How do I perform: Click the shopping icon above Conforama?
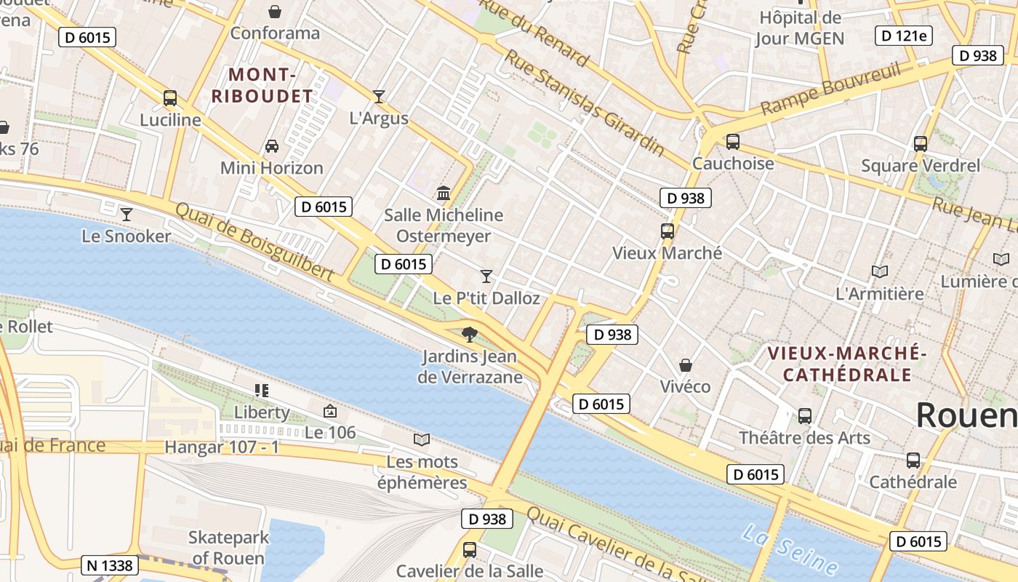click(x=275, y=12)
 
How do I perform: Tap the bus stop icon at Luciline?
click(x=170, y=98)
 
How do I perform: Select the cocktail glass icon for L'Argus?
click(x=378, y=96)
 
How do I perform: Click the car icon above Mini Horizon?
click(x=272, y=146)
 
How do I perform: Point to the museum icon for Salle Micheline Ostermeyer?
click(x=444, y=194)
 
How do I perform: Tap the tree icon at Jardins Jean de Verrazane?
click(x=470, y=335)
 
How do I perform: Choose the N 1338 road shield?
click(x=109, y=565)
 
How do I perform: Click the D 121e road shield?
click(x=903, y=36)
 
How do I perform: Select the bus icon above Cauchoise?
click(x=733, y=142)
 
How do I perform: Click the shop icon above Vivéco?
click(x=685, y=365)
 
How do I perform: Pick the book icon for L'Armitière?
click(x=880, y=272)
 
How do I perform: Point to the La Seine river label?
click(x=790, y=550)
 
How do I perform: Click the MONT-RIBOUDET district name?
click(x=262, y=85)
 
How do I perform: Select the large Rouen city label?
click(x=966, y=415)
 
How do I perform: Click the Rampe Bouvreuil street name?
click(x=830, y=89)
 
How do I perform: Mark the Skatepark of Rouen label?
click(x=228, y=548)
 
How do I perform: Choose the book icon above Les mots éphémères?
click(x=422, y=439)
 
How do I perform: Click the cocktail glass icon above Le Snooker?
click(x=127, y=215)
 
